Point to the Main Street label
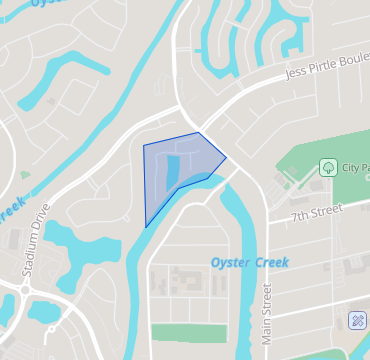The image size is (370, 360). pos(267,314)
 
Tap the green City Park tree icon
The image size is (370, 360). pos(327,167)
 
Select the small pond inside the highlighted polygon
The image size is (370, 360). pos(173,170)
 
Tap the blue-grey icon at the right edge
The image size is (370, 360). pos(357,320)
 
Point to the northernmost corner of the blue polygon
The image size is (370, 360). pos(199,132)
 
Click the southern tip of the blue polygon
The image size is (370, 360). pos(146,226)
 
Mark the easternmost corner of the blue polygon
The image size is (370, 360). pos(227,157)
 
